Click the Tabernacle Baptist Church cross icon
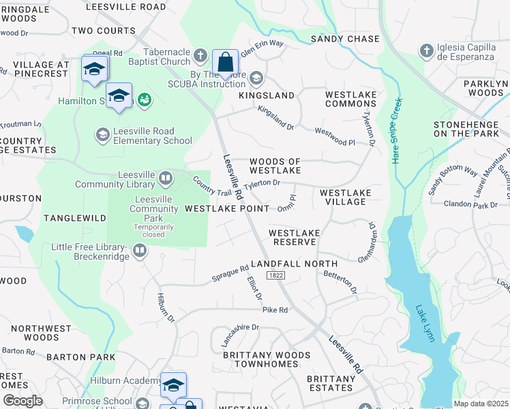[x=200, y=55]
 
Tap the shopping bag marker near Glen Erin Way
[x=225, y=63]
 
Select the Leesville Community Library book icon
[x=165, y=179]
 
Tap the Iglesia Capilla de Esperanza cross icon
[x=426, y=51]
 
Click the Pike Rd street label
[x=275, y=309]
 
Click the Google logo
[x=22, y=401]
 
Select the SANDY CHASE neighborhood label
[x=344, y=40]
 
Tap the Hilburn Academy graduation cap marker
[x=173, y=384]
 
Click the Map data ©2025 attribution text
[x=481, y=404]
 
